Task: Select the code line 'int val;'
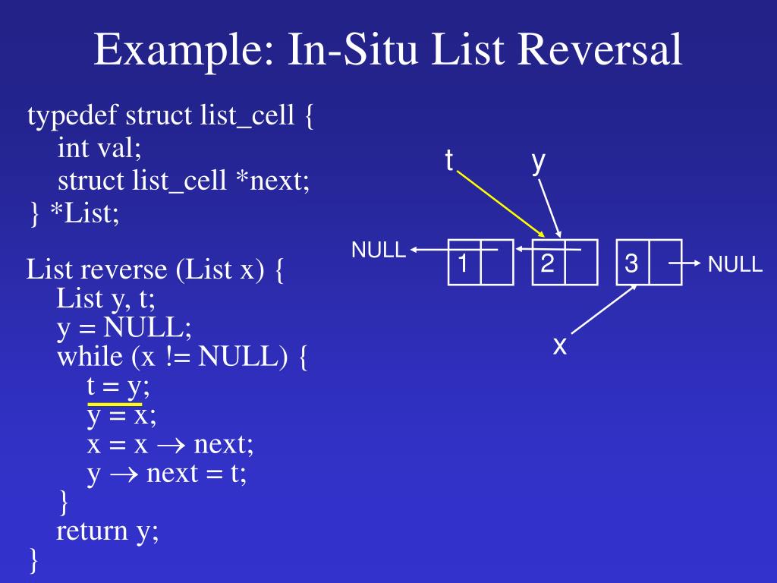99,149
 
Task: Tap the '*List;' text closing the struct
84,213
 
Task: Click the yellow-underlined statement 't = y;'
118,386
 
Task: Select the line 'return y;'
108,531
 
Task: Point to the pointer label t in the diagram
449,160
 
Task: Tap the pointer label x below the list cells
560,345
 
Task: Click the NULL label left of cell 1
379,251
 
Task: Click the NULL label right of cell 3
735,264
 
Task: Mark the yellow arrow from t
501,203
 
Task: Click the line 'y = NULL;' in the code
124,329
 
